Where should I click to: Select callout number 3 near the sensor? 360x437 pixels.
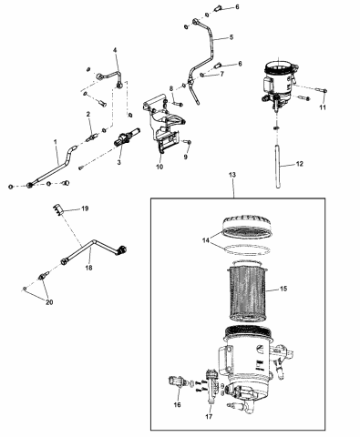pos(119,164)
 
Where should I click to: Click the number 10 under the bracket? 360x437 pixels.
pos(160,168)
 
